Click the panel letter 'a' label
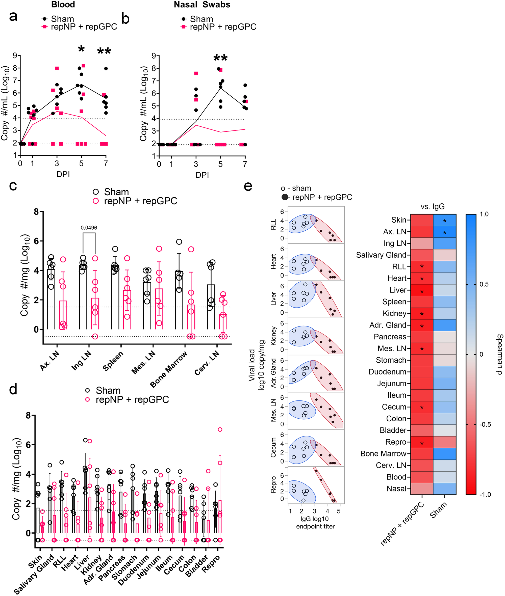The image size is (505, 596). coord(13,16)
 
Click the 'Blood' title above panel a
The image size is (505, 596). coord(63,5)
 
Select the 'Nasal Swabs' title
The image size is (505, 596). coord(202,5)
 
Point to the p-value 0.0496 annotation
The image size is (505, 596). coord(89,228)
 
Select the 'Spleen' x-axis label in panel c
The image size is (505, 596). coord(113,361)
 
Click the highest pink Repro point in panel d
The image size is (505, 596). coord(220,429)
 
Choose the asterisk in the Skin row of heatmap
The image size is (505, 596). coord(445,221)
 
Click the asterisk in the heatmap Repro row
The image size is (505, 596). coord(422,444)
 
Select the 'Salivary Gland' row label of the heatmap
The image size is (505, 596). coord(381,255)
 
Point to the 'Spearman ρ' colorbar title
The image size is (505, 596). coord(499,354)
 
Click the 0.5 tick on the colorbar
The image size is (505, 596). coord(484,284)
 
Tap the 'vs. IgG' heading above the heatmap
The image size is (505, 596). coord(433,207)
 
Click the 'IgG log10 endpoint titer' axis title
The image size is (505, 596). coord(315,523)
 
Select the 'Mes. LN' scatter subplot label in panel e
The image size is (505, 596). coord(273,410)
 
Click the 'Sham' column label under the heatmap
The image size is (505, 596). coord(438,510)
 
